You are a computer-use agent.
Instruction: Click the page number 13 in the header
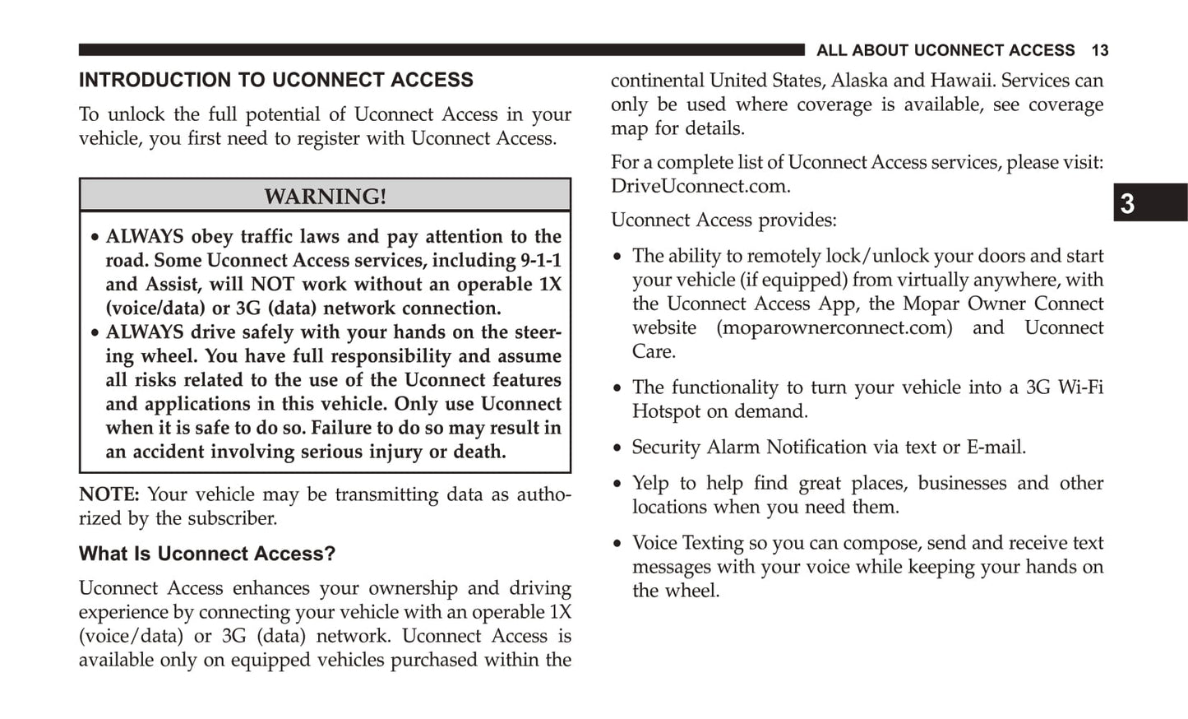pyautogui.click(x=1099, y=51)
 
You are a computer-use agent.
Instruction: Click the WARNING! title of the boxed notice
pyautogui.click(x=325, y=197)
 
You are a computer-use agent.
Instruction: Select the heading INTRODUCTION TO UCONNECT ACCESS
pyautogui.click(x=276, y=81)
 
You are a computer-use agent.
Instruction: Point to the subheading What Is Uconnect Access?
pyautogui.click(x=207, y=554)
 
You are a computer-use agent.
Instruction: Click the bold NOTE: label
pyautogui.click(x=109, y=494)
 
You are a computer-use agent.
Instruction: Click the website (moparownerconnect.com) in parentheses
pyautogui.click(x=834, y=328)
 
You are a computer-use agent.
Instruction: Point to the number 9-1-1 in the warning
pyautogui.click(x=540, y=261)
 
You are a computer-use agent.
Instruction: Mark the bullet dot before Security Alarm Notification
pyautogui.click(x=617, y=448)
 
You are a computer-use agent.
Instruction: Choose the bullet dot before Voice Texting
pyautogui.click(x=617, y=544)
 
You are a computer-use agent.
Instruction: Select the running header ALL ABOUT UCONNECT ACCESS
pyautogui.click(x=945, y=51)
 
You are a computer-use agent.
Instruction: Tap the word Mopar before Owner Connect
pyautogui.click(x=931, y=304)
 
